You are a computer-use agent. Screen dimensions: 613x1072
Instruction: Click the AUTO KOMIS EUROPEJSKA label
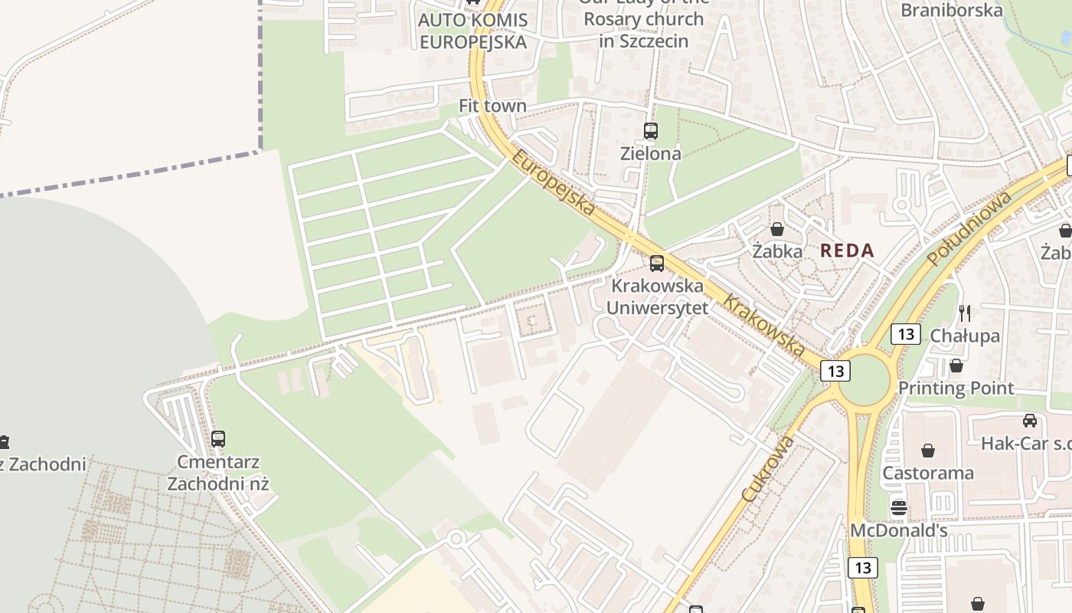coord(472,31)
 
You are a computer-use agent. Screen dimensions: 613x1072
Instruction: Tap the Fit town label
coord(492,106)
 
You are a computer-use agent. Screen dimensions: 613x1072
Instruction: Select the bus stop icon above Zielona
coord(650,131)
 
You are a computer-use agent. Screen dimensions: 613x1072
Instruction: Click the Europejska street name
coord(553,182)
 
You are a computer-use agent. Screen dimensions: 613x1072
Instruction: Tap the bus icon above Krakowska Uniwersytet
coord(656,264)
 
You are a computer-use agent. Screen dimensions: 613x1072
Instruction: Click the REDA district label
coord(847,251)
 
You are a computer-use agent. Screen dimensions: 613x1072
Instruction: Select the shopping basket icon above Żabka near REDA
coord(777,229)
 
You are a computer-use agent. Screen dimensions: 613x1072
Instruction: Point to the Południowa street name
coord(969,228)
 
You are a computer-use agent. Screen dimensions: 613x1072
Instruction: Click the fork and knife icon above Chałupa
coord(964,313)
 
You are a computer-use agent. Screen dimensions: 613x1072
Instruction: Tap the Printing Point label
coord(956,388)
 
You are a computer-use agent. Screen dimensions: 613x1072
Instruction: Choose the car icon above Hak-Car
coord(1030,421)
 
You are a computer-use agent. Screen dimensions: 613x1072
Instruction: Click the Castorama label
coord(927,473)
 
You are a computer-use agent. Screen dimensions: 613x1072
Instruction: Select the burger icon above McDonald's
coord(898,507)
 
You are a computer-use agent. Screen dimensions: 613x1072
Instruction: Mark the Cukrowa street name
coord(768,470)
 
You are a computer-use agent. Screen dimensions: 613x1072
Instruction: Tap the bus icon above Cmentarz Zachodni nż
coord(218,439)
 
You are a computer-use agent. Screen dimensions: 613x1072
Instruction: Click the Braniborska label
coord(951,10)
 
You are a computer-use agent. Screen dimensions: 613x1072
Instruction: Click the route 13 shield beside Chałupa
coord(905,334)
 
